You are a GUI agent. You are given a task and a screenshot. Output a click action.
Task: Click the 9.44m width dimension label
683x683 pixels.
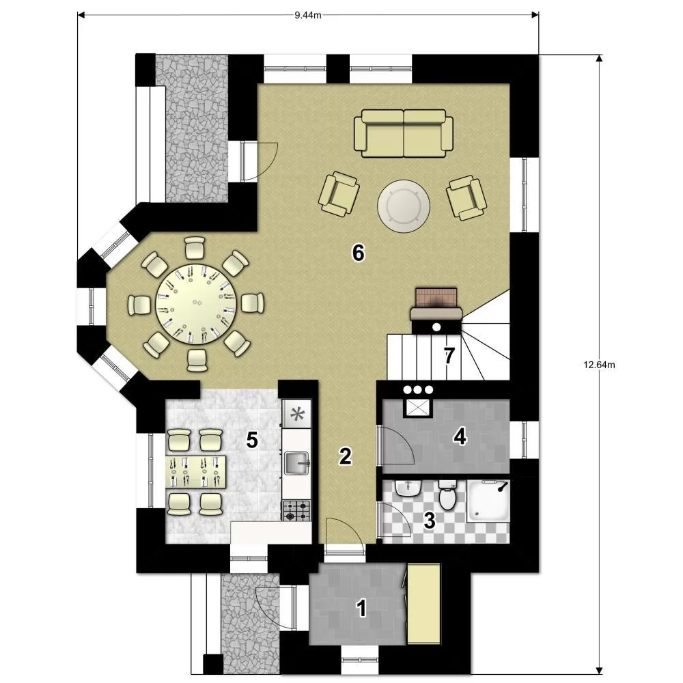308,15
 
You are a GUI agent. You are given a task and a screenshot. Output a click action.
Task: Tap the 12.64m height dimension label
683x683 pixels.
599,365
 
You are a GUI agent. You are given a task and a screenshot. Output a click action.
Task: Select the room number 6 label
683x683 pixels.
358,253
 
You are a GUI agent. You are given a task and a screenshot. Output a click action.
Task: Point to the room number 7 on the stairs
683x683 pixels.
449,356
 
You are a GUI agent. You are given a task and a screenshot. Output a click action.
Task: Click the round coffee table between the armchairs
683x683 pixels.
404,206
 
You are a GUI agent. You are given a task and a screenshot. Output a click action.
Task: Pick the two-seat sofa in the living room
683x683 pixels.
404,133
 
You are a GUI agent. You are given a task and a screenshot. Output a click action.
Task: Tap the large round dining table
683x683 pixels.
196,304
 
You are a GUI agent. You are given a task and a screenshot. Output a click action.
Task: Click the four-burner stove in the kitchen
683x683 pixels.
296,510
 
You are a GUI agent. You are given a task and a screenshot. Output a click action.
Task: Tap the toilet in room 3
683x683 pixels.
447,494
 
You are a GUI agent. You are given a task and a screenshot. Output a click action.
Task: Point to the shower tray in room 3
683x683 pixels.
488,501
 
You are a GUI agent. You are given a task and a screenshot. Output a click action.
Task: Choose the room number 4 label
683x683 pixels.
460,436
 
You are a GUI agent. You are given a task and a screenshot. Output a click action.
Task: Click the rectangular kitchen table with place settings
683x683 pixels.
197,472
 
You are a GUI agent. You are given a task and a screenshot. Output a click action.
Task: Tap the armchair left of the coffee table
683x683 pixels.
339,194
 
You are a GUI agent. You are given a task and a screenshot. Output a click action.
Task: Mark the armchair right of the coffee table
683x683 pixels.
466,198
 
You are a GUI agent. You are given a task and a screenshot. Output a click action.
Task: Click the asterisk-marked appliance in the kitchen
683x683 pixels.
297,414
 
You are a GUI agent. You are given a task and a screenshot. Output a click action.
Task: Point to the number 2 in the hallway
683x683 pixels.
346,456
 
